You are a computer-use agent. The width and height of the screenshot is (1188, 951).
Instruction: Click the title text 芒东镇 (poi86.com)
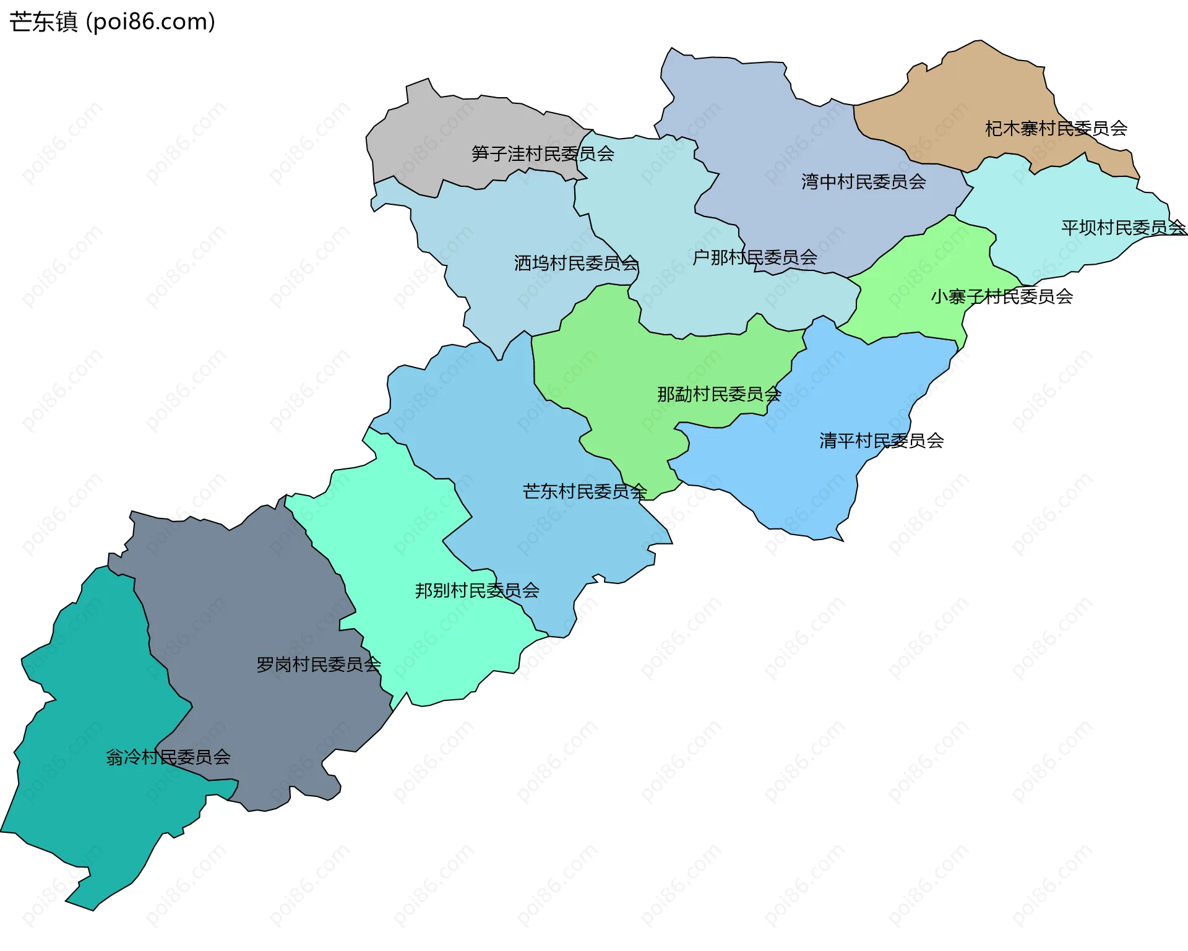coord(112,22)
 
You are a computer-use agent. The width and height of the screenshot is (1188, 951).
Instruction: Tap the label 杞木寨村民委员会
coord(1056,129)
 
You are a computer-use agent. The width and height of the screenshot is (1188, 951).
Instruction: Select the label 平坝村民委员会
coord(1123,228)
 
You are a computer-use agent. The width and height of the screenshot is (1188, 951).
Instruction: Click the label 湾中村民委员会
coord(863,182)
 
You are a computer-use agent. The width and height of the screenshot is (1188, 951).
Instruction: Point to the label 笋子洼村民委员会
coord(542,153)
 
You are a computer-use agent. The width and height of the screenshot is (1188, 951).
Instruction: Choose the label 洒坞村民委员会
coord(575,264)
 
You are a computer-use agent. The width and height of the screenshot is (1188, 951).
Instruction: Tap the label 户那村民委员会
coord(754,257)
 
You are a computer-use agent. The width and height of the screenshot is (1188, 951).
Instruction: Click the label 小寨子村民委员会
coord(1001,297)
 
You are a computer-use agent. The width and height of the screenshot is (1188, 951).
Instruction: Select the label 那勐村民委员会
coord(718,394)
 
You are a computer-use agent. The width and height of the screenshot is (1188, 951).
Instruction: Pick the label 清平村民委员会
coord(881,441)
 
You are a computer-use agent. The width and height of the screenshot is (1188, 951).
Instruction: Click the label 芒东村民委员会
coord(584,492)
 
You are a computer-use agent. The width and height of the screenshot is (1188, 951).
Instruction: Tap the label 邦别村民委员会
coord(476,590)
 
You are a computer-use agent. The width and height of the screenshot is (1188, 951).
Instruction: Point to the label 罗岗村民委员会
coord(318,665)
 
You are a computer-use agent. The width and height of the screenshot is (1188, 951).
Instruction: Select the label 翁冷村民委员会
coord(168,757)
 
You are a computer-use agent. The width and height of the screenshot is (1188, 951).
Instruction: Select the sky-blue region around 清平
coord(804,483)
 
